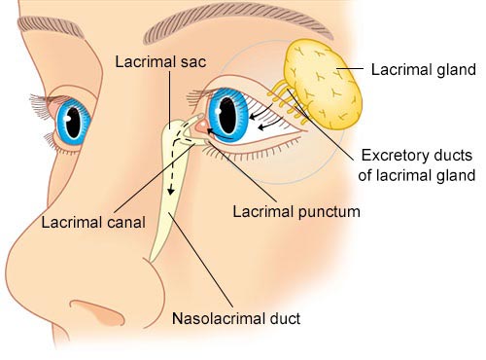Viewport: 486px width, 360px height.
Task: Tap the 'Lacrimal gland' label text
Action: tap(424, 70)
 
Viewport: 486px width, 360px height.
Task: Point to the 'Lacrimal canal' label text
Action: tap(93, 221)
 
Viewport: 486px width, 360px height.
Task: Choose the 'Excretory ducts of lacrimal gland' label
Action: tap(417, 165)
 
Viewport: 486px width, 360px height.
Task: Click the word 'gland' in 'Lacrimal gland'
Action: tap(452, 70)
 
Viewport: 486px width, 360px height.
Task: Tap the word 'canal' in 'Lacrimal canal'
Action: tap(125, 221)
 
